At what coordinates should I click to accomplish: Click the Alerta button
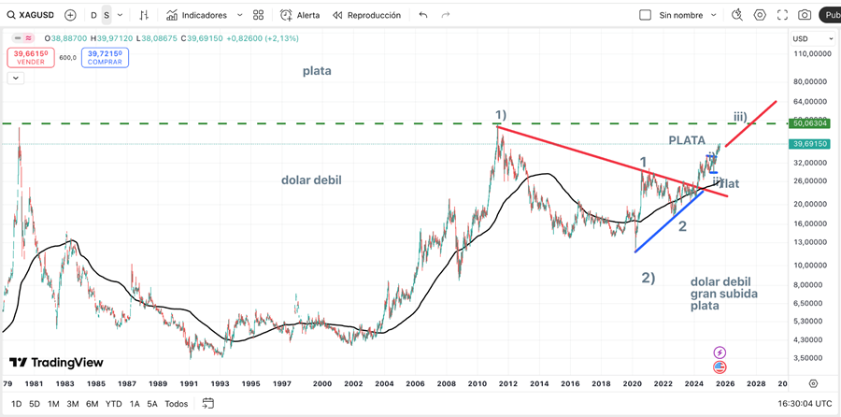(300, 15)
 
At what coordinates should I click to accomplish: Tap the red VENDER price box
(31, 57)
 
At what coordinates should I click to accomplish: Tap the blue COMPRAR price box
(105, 57)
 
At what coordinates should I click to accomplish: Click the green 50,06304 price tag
(810, 122)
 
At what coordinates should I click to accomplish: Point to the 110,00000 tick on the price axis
(811, 54)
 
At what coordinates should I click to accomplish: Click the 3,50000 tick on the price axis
(809, 357)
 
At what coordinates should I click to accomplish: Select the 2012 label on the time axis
(508, 383)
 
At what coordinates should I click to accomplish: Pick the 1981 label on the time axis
(34, 383)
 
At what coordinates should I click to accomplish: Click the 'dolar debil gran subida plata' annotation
(723, 294)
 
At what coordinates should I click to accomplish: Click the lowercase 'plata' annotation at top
(317, 71)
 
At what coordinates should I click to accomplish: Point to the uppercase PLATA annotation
(687, 140)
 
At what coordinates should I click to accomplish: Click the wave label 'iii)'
(739, 117)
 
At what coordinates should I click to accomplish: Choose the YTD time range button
(114, 403)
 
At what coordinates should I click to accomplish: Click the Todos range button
(177, 403)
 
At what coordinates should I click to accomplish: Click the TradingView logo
(56, 363)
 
